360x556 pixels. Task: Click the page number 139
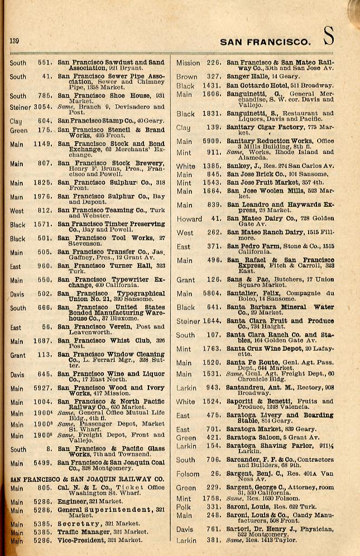[x=15, y=41]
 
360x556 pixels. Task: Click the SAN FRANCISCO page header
[x=265, y=42]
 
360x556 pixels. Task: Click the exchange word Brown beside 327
[x=187, y=76]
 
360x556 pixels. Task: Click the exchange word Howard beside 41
[x=189, y=219]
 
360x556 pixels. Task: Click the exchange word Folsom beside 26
[x=188, y=474]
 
